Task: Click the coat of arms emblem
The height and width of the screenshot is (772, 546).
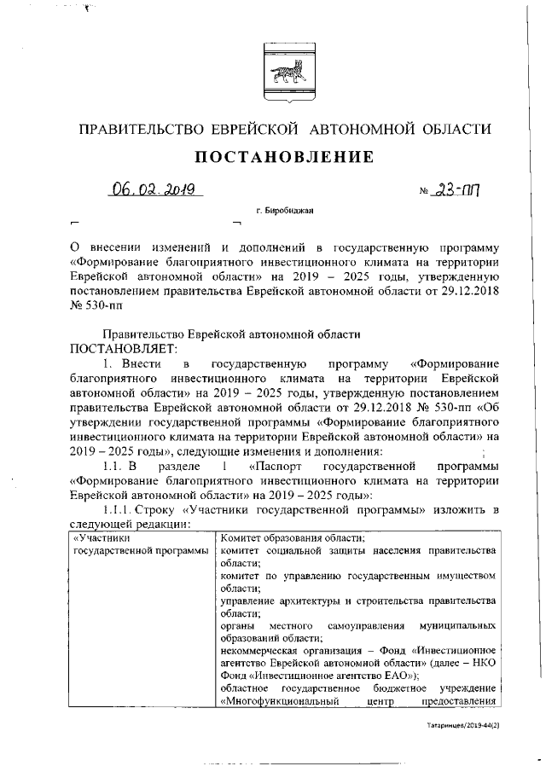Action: tap(272, 66)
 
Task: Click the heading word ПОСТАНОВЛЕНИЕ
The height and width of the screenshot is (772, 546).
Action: tap(272, 158)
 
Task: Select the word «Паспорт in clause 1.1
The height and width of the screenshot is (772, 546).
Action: tap(278, 467)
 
